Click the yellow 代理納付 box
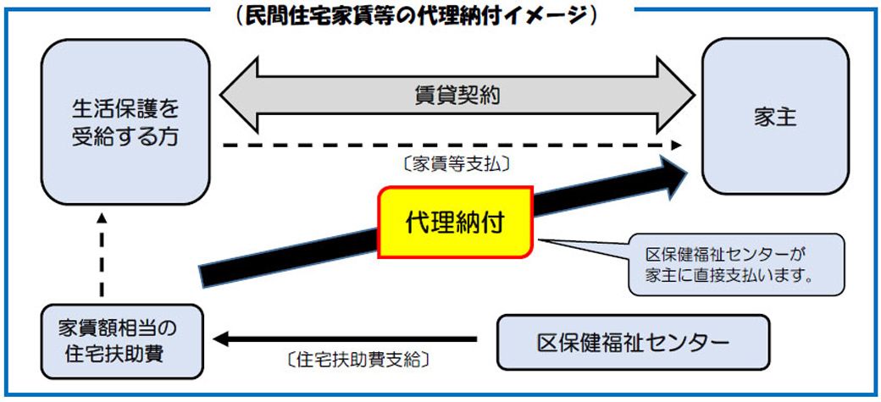pos(455,223)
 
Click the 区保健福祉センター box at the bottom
pos(633,343)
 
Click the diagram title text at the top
pos(420,14)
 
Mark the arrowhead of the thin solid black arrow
pos(222,340)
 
